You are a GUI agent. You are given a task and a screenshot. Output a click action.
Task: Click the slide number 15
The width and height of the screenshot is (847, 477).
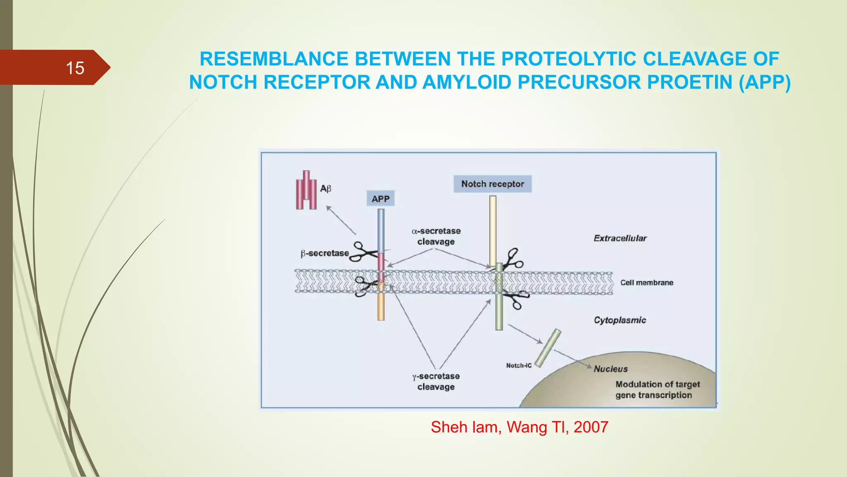point(75,68)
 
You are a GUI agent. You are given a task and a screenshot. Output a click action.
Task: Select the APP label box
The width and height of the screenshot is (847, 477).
point(380,199)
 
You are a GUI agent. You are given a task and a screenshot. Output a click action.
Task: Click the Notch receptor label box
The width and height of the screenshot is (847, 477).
point(492,184)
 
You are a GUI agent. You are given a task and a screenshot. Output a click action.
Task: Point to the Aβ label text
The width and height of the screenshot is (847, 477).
point(325,189)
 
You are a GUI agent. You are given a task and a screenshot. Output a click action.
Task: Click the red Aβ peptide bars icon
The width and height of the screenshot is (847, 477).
point(306,190)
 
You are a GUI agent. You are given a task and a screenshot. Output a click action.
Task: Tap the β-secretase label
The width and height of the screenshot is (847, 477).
point(325,253)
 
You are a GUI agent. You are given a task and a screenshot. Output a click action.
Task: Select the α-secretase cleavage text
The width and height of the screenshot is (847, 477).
point(436,236)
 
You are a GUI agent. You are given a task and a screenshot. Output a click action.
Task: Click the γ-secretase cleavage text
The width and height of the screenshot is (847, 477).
point(436,381)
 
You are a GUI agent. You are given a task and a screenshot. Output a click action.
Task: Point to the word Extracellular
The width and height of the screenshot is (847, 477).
point(620,238)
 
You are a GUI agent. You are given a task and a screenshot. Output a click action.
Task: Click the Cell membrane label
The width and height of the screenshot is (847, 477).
point(646,282)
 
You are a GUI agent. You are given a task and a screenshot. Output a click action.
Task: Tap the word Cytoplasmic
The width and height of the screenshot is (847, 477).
point(620,320)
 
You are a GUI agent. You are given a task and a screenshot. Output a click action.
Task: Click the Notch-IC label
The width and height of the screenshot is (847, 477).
point(519,365)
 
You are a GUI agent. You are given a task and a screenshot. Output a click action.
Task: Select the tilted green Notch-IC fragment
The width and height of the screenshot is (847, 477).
point(548,348)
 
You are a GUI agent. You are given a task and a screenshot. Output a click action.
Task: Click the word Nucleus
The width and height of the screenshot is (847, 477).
point(610,369)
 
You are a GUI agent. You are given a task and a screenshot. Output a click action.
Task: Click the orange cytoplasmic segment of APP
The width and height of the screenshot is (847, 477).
point(381,306)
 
